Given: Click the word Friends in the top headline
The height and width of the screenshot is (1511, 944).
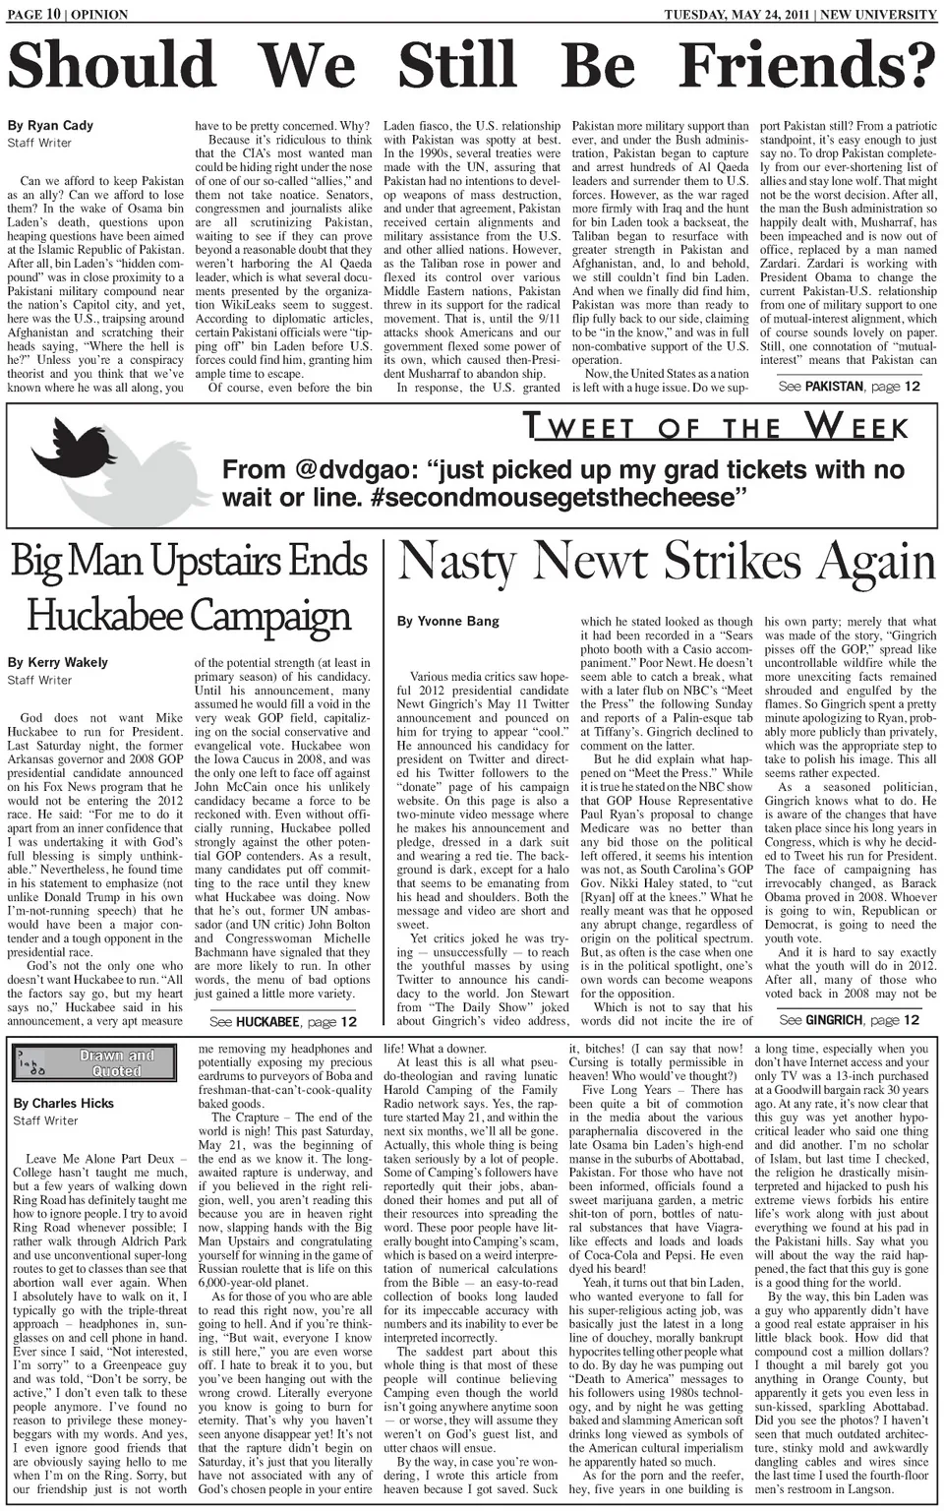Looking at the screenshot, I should tap(806, 65).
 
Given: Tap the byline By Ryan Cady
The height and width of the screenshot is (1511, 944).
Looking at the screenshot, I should tap(50, 125).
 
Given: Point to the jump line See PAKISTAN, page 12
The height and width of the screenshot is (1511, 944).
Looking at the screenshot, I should tap(849, 387).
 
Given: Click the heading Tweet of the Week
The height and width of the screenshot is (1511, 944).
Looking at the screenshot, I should tap(715, 426).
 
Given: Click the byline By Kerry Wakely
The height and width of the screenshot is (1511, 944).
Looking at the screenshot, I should tap(57, 662).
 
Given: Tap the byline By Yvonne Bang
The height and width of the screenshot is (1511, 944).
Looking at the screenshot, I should tap(447, 621).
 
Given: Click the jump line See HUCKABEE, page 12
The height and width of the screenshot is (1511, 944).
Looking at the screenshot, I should tap(283, 1022).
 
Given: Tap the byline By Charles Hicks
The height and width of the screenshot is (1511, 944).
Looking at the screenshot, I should tap(64, 1103).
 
